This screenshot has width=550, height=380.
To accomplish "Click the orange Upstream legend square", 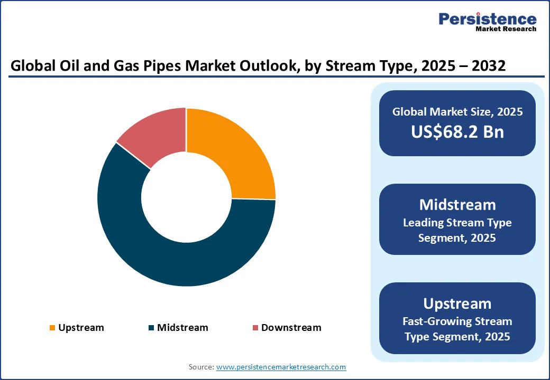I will [52, 328].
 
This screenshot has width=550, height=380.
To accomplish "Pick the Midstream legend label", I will [182, 328].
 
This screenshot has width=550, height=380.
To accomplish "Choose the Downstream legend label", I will [291, 328].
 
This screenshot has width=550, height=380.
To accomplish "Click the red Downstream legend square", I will [255, 328].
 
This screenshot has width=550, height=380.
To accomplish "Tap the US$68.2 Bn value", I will [457, 132].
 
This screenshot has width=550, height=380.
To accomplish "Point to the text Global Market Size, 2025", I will [457, 112].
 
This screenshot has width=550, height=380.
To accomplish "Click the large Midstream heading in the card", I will [457, 205].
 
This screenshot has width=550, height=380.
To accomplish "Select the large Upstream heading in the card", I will [457, 303].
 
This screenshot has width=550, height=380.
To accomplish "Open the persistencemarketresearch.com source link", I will [281, 367].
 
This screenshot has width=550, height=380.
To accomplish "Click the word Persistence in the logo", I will [487, 20].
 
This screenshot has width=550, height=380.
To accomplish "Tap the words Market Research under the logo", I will [506, 29].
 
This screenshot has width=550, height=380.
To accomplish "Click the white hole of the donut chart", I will [186, 197].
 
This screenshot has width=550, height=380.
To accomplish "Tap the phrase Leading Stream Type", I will [457, 223].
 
